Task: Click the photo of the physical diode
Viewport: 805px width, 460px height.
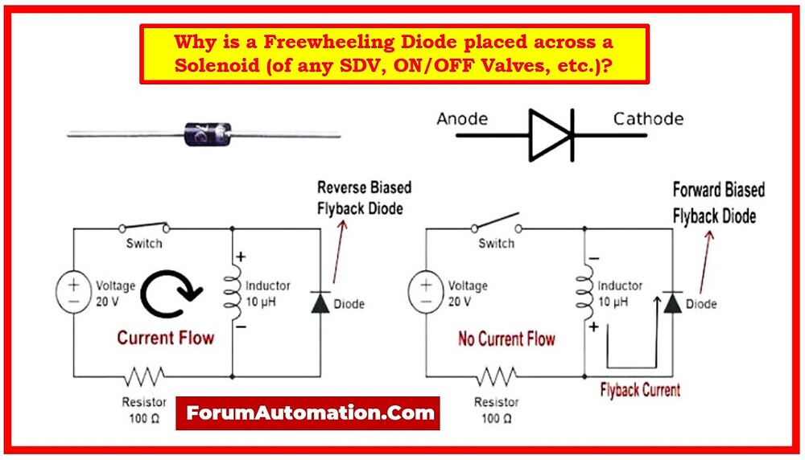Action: point(207,133)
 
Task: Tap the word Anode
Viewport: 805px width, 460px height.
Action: point(462,119)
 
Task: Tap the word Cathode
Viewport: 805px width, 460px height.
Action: point(648,119)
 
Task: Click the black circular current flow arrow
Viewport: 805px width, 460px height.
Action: point(171,295)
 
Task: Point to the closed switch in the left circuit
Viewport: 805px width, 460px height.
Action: point(145,228)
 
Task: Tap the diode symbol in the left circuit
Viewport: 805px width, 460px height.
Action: point(320,302)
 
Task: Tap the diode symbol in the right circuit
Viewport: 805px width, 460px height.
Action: point(672,302)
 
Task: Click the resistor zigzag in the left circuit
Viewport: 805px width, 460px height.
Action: point(145,376)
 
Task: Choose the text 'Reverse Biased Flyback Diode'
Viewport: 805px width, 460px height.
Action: point(364,198)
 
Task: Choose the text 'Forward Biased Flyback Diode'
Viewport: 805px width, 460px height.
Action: point(718,203)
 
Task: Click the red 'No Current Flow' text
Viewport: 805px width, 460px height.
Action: point(506,339)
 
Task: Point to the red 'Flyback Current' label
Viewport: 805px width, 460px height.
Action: point(640,390)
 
